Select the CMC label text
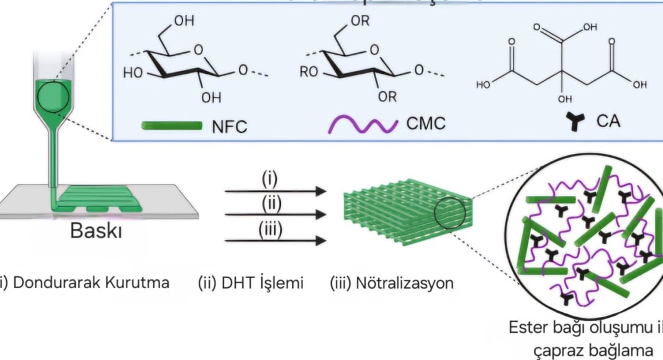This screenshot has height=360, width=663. coord(426,124)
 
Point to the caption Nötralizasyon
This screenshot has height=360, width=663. coord(391,283)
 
